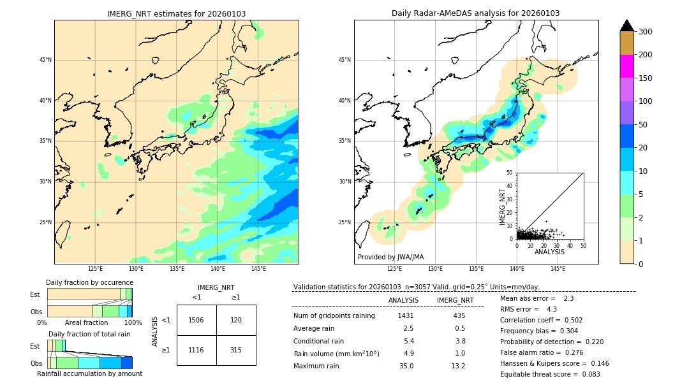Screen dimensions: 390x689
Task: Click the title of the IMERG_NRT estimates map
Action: click(x=176, y=13)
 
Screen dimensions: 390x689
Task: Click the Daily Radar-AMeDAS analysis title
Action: click(x=475, y=13)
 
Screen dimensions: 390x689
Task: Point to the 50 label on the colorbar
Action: click(x=645, y=125)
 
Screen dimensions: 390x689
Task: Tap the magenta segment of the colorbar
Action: click(x=626, y=66)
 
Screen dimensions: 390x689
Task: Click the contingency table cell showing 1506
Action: click(x=196, y=320)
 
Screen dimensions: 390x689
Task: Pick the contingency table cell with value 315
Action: click(x=236, y=350)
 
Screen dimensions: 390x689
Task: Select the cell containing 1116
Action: click(x=196, y=350)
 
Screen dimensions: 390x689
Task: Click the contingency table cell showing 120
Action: click(x=236, y=320)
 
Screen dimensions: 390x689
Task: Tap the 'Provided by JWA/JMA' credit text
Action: click(x=390, y=257)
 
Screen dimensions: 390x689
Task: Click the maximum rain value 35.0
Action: click(x=406, y=366)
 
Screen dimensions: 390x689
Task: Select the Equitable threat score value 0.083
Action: click(x=588, y=374)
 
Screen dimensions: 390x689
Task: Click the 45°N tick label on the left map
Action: click(x=45, y=60)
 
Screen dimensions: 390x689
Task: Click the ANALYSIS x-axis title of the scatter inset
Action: click(x=549, y=252)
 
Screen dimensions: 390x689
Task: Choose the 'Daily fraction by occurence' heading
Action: click(x=89, y=282)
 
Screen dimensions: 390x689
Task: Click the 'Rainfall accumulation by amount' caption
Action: click(x=89, y=373)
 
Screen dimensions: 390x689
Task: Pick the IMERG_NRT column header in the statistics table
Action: click(x=455, y=300)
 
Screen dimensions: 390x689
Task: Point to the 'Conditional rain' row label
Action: click(x=319, y=341)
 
